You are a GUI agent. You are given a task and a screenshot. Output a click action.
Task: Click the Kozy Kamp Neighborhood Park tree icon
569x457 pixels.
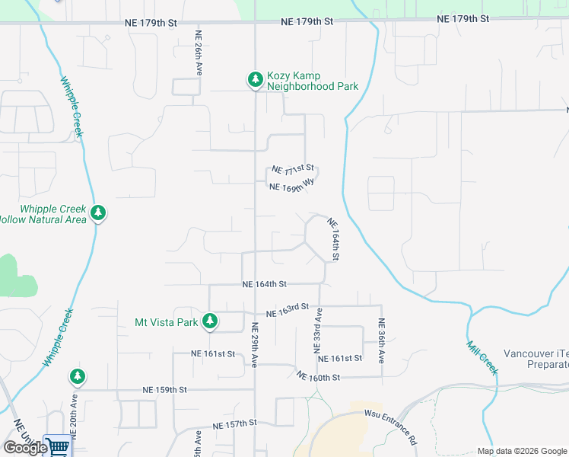coord(256,79)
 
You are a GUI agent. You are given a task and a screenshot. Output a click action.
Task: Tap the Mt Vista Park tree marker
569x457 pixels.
coord(210,321)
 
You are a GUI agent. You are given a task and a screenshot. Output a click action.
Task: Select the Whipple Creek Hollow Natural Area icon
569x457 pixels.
coord(97,213)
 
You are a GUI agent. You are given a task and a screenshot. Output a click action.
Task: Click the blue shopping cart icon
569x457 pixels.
coord(57,446)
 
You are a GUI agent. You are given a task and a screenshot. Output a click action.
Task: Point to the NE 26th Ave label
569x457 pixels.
coord(199,52)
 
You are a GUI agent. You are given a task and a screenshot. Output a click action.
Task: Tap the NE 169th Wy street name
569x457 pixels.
coord(292,185)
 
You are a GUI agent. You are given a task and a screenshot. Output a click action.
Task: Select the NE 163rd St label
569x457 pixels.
coord(288,311)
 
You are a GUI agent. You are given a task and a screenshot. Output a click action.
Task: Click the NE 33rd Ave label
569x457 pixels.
coord(319,329)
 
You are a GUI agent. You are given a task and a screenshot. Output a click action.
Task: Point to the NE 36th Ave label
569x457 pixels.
coord(381,335)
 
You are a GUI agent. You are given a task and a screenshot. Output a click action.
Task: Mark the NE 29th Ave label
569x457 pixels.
coord(255,344)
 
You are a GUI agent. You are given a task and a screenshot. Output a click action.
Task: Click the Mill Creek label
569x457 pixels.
coord(482,357)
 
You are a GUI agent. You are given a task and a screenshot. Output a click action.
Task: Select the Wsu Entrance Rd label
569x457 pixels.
coord(391,428)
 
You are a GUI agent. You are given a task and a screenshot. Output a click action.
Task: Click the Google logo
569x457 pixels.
coord(24,447)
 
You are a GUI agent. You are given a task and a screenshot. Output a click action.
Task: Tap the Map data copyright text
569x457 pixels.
coord(521,451)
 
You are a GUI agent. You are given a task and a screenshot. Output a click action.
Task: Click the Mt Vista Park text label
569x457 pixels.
coord(167,322)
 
